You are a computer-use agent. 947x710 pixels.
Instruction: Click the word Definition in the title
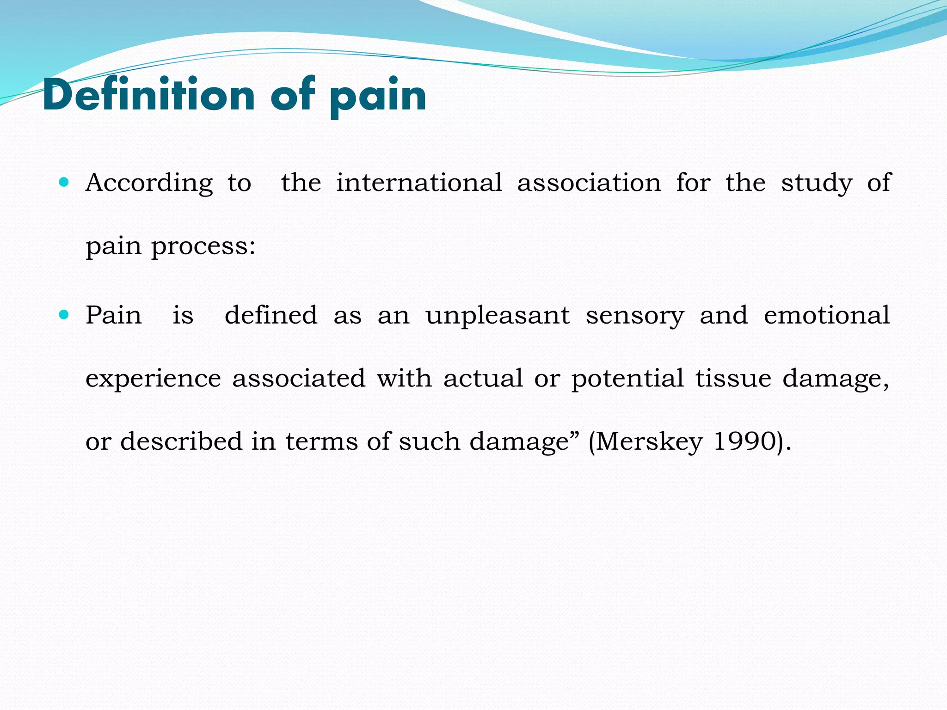click(148, 95)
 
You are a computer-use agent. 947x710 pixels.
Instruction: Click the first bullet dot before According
click(64, 182)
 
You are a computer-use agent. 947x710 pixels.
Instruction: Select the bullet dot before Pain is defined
click(64, 315)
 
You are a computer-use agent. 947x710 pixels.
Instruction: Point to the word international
click(419, 183)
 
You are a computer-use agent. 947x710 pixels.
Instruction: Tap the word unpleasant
click(498, 316)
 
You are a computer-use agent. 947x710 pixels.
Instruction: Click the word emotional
click(826, 315)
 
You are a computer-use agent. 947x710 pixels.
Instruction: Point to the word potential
click(627, 379)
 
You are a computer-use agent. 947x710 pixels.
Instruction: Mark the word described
click(181, 441)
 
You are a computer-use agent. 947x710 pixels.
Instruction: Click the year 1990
click(744, 441)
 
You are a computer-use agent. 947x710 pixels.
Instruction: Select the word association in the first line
click(589, 183)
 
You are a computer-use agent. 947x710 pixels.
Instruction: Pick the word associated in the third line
click(299, 379)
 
